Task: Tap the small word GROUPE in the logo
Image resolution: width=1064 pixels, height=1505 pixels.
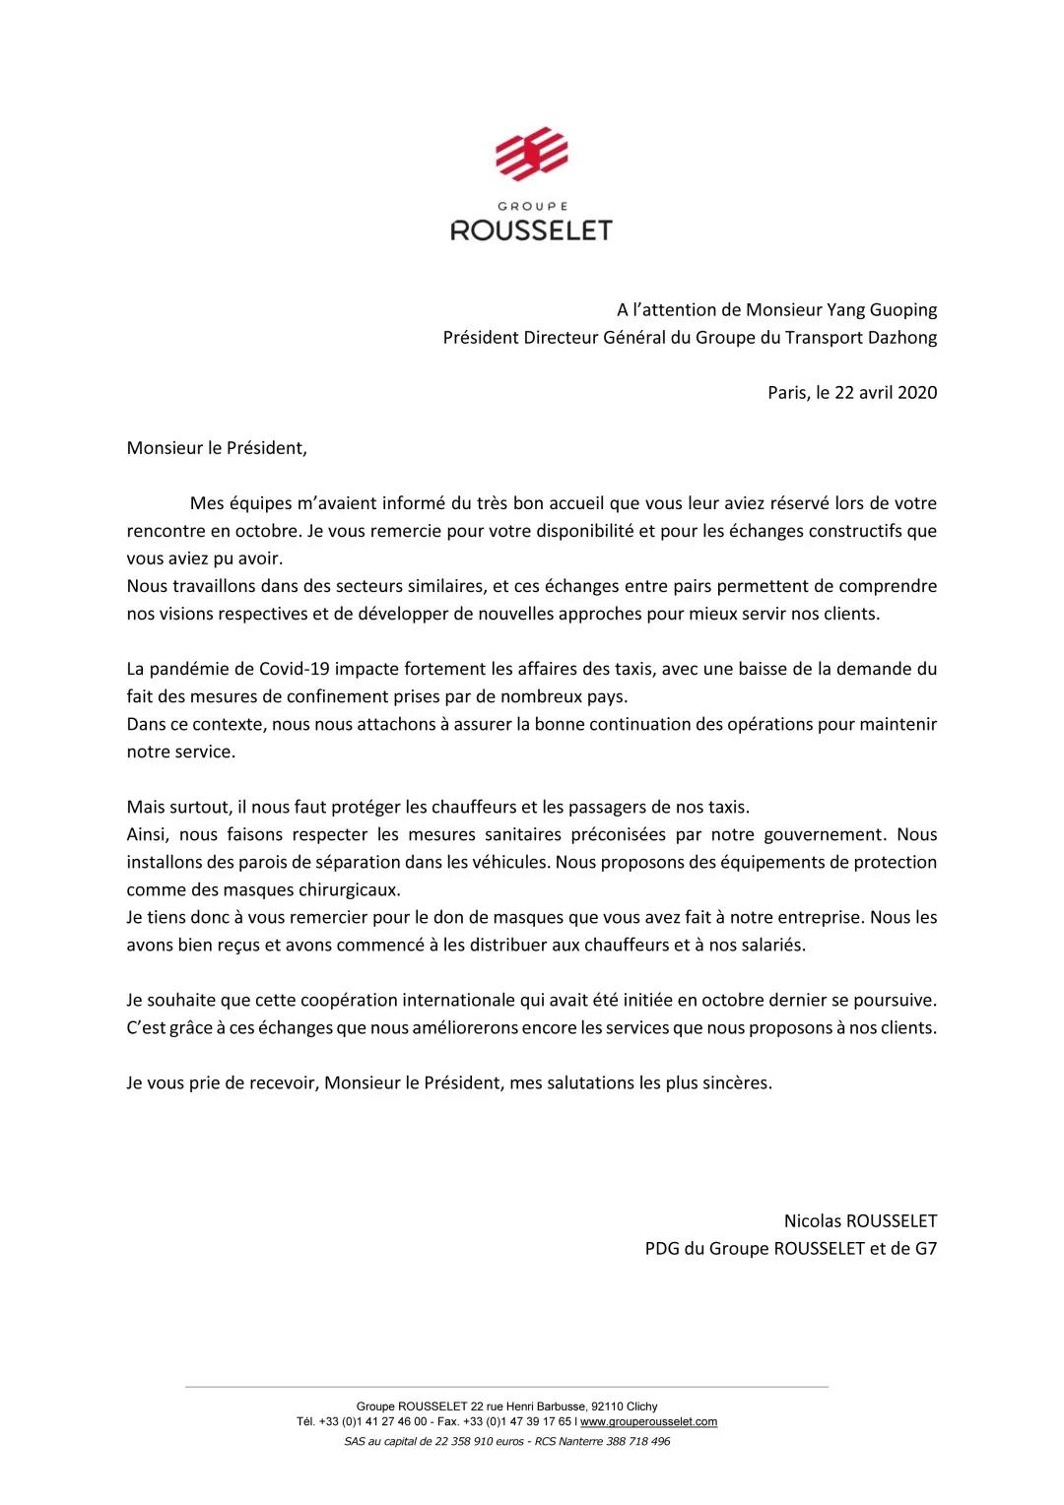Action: tap(531, 207)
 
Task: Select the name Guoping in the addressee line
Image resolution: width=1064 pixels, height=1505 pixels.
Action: tap(902, 309)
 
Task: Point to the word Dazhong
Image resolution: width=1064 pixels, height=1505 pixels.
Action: tap(903, 337)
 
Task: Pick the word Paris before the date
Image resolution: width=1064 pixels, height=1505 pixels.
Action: tap(787, 392)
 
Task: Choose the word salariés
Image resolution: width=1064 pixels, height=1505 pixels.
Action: tap(768, 945)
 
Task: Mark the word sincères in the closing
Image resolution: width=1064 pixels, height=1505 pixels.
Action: tap(734, 1082)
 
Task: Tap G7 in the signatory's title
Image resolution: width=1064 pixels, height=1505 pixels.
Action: tap(925, 1249)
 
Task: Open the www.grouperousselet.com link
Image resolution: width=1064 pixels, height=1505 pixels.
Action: tap(648, 1421)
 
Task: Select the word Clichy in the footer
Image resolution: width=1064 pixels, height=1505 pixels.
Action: tap(640, 1407)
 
